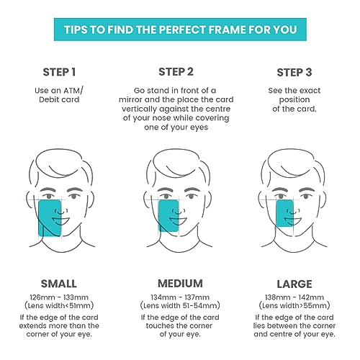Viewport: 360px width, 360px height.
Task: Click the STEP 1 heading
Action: pyautogui.click(x=59, y=72)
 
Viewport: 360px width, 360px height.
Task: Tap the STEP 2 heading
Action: pyautogui.click(x=176, y=72)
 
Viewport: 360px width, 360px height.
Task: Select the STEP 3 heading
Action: pyautogui.click(x=294, y=73)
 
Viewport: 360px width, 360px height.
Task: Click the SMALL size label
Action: pyautogui.click(x=59, y=284)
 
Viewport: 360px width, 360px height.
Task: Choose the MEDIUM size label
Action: pyautogui.click(x=180, y=284)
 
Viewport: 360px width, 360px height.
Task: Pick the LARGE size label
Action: pyautogui.click(x=294, y=284)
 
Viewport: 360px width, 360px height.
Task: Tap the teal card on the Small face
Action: pyautogui.click(x=50, y=218)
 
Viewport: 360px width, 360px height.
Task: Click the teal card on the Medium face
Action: pyautogui.click(x=168, y=216)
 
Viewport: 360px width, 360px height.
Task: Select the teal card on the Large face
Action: pyautogui.click(x=284, y=213)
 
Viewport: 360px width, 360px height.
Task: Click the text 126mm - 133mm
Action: pyautogui.click(x=59, y=297)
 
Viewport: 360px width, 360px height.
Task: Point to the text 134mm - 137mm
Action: pyautogui.click(x=180, y=297)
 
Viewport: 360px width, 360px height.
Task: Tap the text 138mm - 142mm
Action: pyautogui.click(x=294, y=297)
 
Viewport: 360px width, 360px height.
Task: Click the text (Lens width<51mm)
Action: pyautogui.click(x=59, y=306)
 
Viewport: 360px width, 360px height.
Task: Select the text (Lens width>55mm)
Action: pyautogui.click(x=294, y=306)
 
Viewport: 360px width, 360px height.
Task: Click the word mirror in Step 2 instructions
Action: pyautogui.click(x=130, y=99)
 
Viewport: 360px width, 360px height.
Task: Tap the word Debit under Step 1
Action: pyautogui.click(x=46, y=99)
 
